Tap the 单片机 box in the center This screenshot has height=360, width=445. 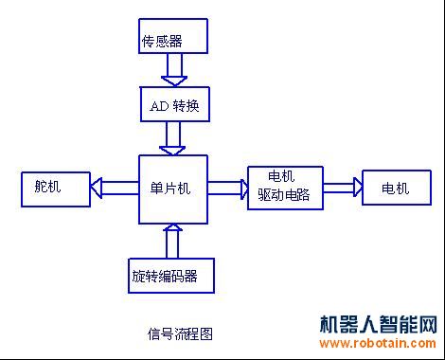point(173,189)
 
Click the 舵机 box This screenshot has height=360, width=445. point(55,188)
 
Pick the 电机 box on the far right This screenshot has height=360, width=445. point(395,188)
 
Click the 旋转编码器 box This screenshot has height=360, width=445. point(170,276)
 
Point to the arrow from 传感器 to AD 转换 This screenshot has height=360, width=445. point(174,70)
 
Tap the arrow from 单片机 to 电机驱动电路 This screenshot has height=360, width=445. point(227,188)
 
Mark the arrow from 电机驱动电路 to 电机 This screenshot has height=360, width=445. point(342,188)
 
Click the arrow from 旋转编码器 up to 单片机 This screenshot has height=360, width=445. point(172,241)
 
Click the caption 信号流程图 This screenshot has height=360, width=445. point(180,333)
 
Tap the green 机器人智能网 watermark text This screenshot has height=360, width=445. point(379,324)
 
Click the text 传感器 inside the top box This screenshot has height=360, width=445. point(161,41)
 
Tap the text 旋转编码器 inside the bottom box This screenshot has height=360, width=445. point(165,278)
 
